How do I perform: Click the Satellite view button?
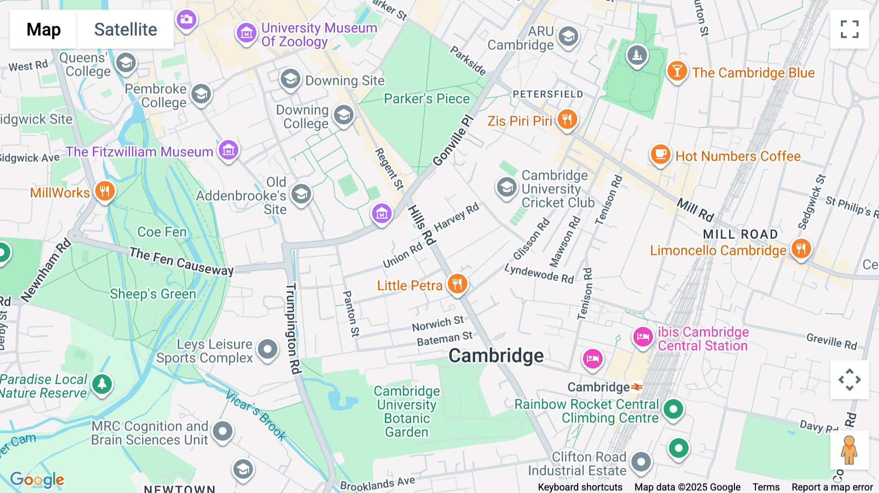pyautogui.click(x=126, y=30)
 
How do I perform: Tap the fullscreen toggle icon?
pyautogui.click(x=849, y=29)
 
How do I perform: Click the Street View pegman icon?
pyautogui.click(x=849, y=450)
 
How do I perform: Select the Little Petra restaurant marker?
pyautogui.click(x=457, y=283)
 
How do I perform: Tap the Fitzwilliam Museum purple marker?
pyautogui.click(x=228, y=150)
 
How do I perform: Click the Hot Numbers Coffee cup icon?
pyautogui.click(x=660, y=155)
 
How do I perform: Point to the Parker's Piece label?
pyautogui.click(x=426, y=99)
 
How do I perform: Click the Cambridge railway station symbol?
pyautogui.click(x=637, y=387)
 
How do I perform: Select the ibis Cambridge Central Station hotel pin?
pyautogui.click(x=643, y=337)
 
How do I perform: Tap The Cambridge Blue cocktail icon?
pyautogui.click(x=677, y=71)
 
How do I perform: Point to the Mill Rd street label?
pyautogui.click(x=695, y=209)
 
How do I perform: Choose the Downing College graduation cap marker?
pyautogui.click(x=343, y=115)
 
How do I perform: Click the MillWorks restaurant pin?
pyautogui.click(x=105, y=191)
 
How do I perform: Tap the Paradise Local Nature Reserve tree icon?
pyautogui.click(x=102, y=384)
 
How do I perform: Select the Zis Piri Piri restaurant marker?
pyautogui.click(x=566, y=119)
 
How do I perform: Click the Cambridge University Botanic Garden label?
pyautogui.click(x=407, y=411)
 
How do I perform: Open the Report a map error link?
pyautogui.click(x=832, y=487)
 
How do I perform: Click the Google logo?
pyautogui.click(x=37, y=479)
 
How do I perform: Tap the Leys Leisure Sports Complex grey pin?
pyautogui.click(x=268, y=349)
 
